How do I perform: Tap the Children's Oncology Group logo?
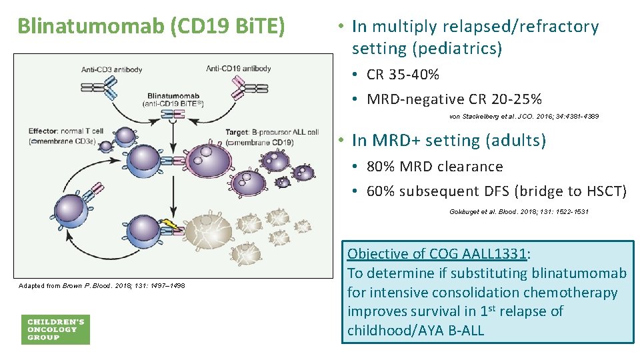pos(55,329)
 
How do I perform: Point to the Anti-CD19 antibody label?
pos(238,69)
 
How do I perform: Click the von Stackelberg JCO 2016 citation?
pos(524,116)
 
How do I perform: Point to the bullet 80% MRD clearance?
pos(434,166)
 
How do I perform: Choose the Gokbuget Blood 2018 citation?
pos(519,212)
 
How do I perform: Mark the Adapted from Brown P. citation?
pos(102,285)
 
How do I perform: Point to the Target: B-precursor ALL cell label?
pos(272,133)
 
